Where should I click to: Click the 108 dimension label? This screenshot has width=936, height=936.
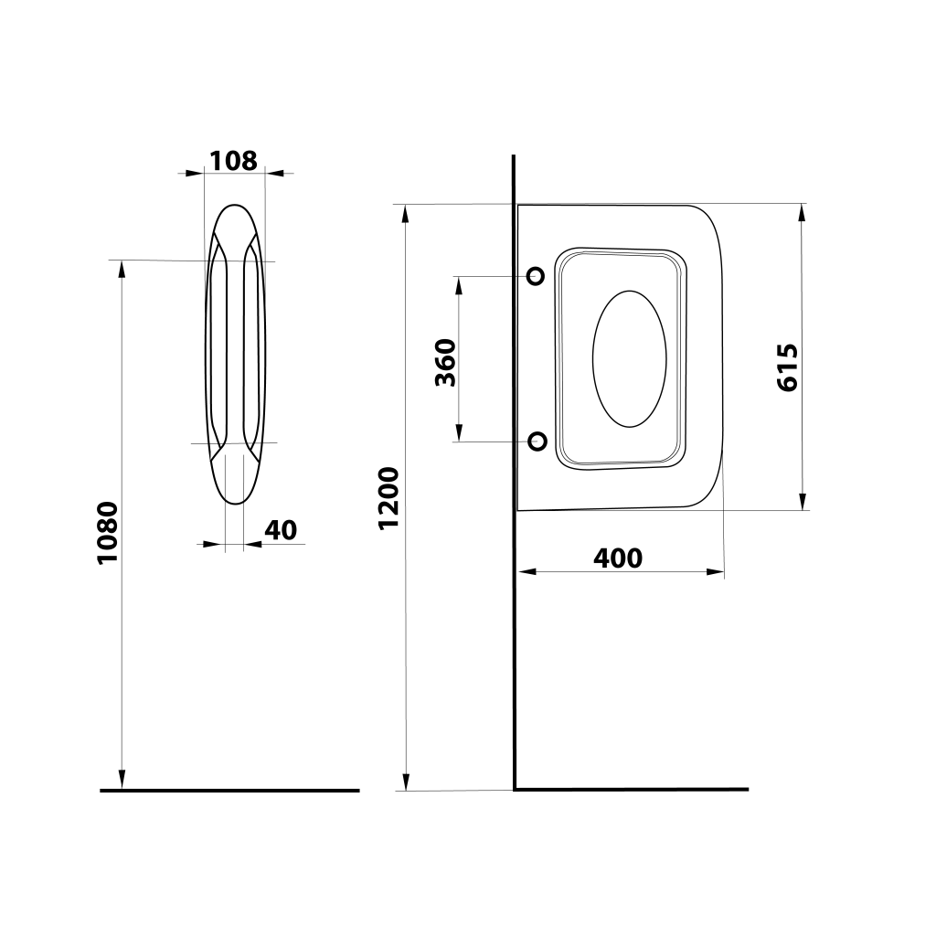point(233,161)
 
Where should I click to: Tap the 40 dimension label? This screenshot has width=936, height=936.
point(281,530)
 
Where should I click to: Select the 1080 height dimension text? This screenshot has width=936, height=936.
point(108,533)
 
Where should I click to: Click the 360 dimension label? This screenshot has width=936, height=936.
point(445,362)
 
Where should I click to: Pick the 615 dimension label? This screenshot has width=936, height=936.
point(787,367)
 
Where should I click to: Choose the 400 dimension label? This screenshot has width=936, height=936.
point(618,558)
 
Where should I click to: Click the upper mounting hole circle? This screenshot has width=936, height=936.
point(536,276)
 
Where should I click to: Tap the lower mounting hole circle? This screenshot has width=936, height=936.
point(537,441)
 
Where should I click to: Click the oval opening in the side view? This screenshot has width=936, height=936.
point(629,358)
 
